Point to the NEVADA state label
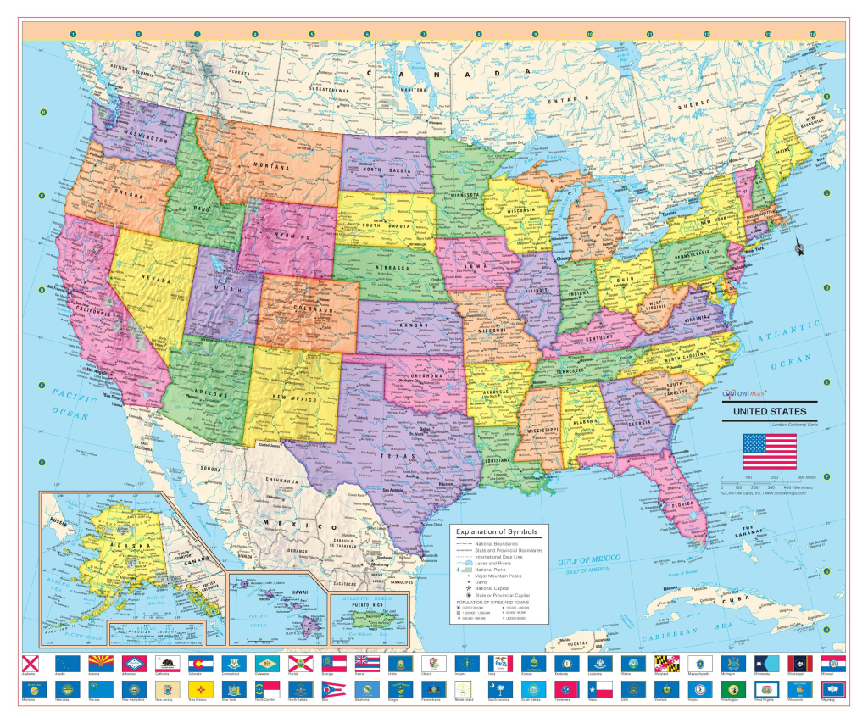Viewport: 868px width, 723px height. pyautogui.click(x=156, y=281)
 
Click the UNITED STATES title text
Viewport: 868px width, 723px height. pyautogui.click(x=770, y=411)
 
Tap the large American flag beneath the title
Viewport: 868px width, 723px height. pyautogui.click(x=770, y=451)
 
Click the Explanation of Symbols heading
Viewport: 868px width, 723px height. pyautogui.click(x=498, y=532)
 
